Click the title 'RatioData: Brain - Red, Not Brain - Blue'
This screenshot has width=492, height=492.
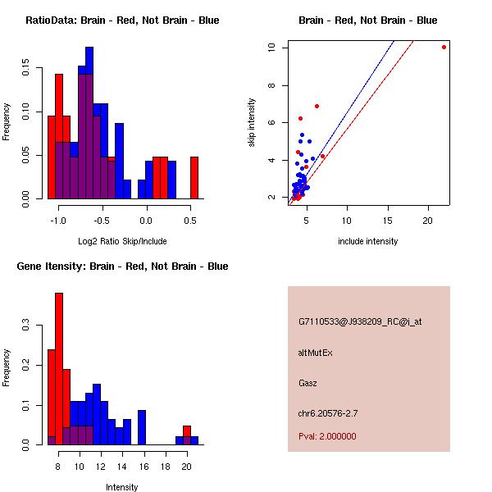coord(122,20)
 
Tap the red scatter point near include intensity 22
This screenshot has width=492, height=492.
coord(444,47)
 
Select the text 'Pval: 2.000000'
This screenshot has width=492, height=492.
coord(327,436)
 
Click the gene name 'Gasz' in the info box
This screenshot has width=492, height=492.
coord(307,383)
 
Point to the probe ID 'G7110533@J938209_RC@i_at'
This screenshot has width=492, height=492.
coord(360,322)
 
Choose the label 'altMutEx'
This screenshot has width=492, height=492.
coord(315,353)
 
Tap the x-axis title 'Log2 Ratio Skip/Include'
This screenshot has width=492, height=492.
coord(122,241)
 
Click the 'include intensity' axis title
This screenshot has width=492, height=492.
coord(368,241)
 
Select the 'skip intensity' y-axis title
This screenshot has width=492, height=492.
coord(253,123)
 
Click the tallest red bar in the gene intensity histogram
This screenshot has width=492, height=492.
coord(59,368)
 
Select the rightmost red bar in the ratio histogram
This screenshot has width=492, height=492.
coord(194,177)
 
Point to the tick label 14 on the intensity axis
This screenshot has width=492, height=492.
coord(122,466)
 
